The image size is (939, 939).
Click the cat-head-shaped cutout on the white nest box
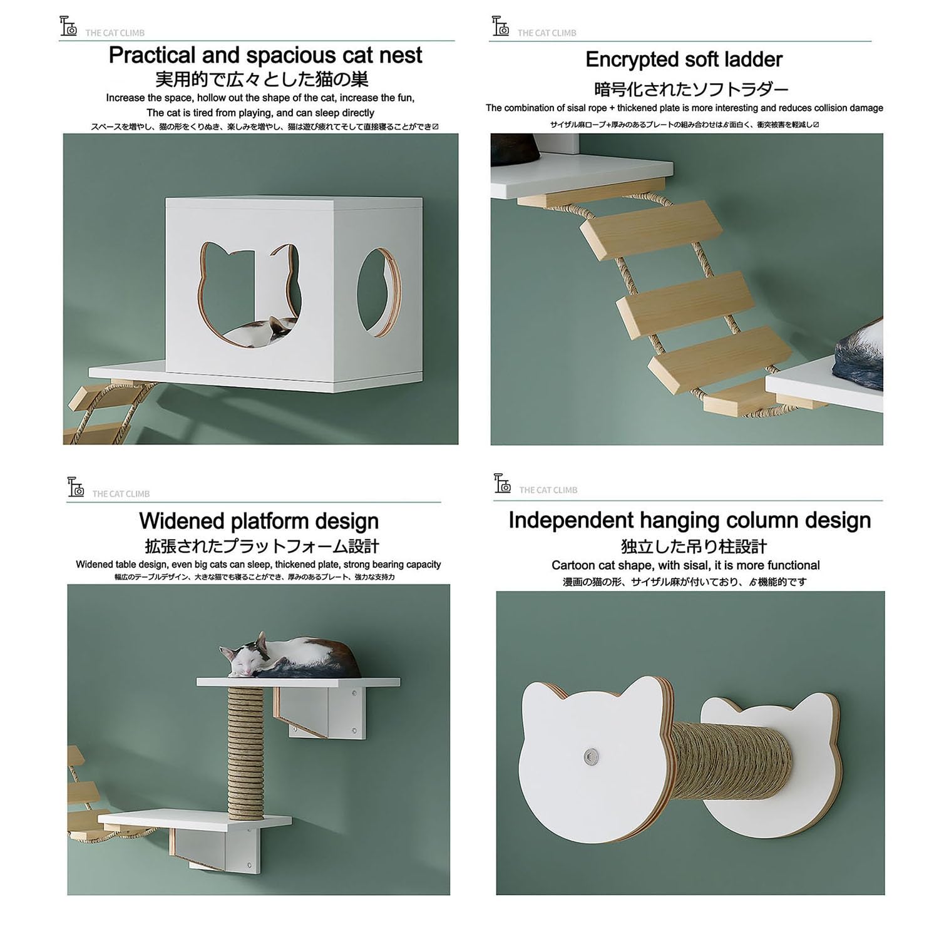(x=249, y=294)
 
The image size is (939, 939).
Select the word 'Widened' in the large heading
(x=182, y=521)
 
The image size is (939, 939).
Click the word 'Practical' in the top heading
(x=152, y=55)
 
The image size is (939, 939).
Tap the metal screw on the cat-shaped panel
(x=588, y=757)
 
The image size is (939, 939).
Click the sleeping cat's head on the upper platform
(x=241, y=659)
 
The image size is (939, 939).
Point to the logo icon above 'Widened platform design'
(x=76, y=486)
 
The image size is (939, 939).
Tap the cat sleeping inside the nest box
(x=259, y=331)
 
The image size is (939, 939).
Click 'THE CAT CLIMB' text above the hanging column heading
(x=548, y=490)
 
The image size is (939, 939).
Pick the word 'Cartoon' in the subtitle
(x=573, y=565)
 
